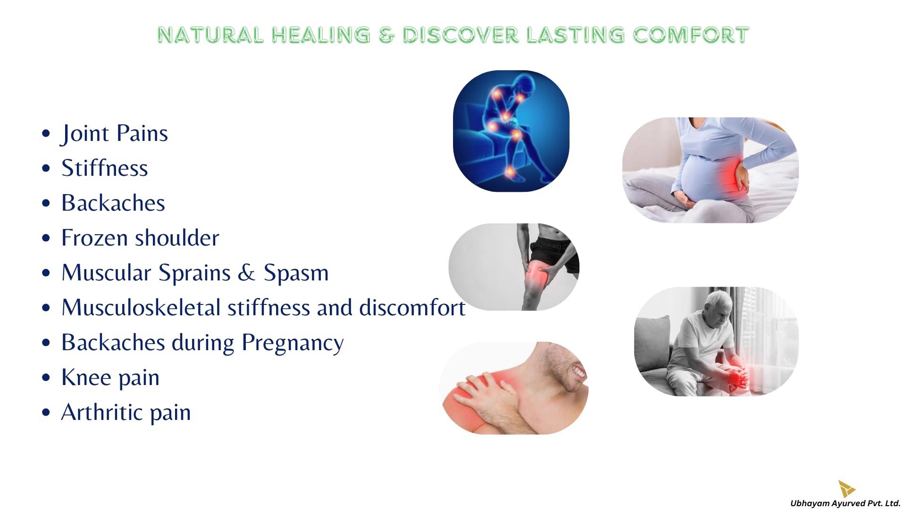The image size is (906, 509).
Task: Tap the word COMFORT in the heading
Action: [x=690, y=35]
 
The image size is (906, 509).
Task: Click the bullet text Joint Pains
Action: [x=114, y=133]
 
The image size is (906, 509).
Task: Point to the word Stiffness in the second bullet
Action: [x=105, y=168]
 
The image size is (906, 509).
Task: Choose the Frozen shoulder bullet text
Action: [x=140, y=238]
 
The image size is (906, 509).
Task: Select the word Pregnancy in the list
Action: [x=293, y=343]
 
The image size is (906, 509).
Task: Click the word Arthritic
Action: [x=101, y=412]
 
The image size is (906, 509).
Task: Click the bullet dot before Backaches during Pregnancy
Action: [x=46, y=343]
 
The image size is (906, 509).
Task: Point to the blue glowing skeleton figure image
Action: [x=511, y=131]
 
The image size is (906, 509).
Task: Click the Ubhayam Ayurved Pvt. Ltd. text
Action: [x=845, y=503]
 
